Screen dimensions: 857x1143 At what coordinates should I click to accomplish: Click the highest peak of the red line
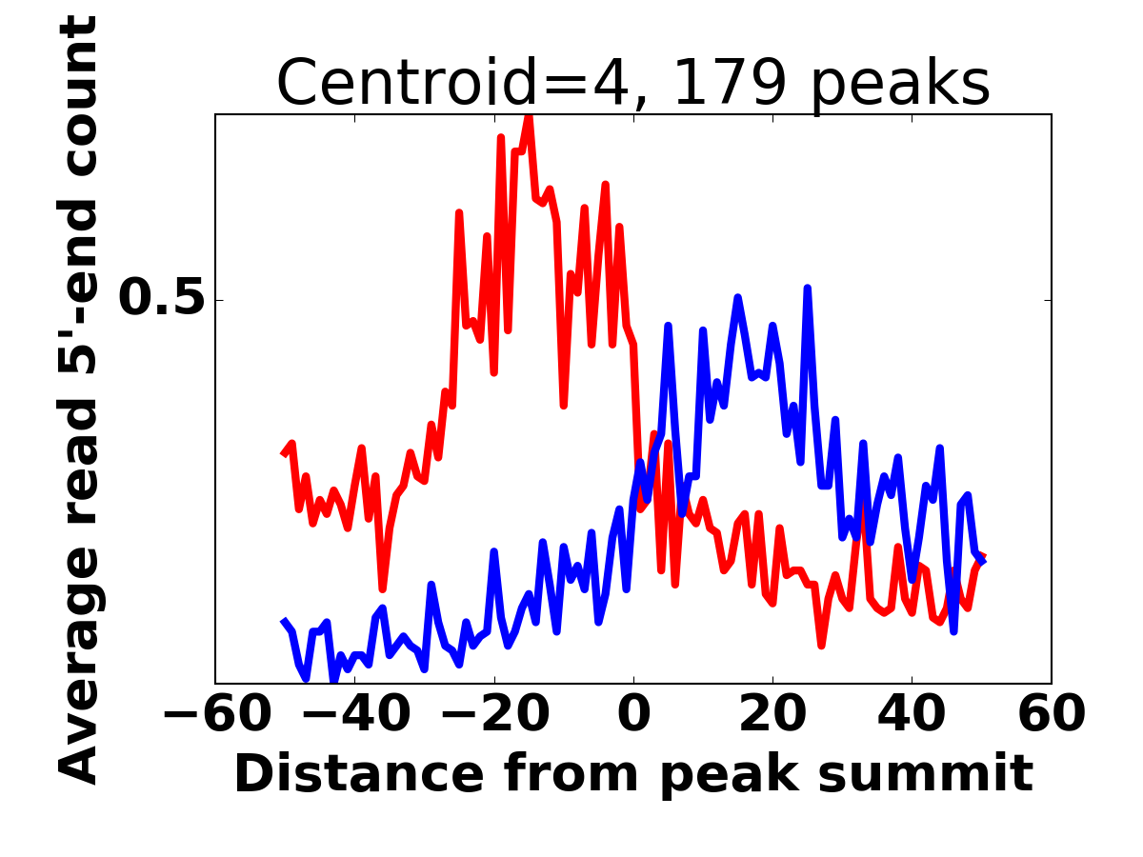(x=529, y=115)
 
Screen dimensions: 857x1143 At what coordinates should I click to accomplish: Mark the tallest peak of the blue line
(x=807, y=288)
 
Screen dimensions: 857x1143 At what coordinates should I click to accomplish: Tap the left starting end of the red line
(x=283, y=454)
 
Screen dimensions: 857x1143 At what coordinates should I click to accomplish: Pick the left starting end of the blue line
(x=283, y=621)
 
